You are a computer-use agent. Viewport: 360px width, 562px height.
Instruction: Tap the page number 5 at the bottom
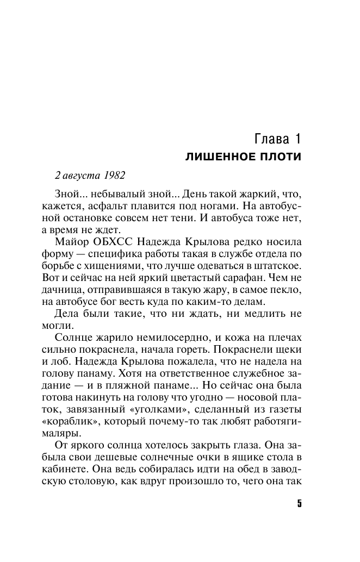coord(299,503)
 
